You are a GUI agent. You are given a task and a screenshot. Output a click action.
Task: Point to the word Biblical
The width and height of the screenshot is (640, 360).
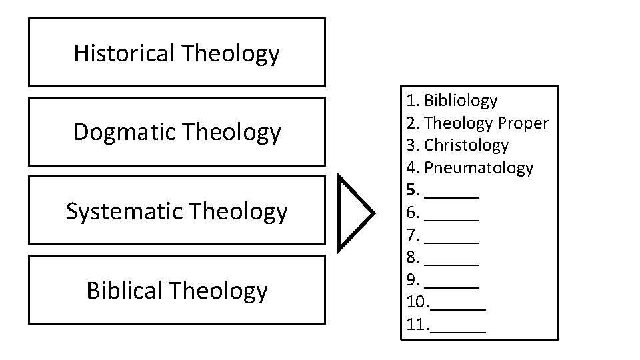[x=125, y=290]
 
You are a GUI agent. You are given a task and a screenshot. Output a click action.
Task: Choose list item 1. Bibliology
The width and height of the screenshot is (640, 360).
[x=452, y=101]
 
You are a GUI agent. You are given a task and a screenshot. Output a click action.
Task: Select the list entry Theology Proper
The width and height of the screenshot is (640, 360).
[x=486, y=123]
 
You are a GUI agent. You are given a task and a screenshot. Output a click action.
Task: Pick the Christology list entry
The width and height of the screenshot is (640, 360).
[x=466, y=145]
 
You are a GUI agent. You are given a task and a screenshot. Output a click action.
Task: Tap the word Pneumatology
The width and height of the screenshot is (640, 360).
[x=479, y=167]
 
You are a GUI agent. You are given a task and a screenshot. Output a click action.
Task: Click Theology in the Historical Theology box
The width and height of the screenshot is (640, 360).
[x=230, y=53]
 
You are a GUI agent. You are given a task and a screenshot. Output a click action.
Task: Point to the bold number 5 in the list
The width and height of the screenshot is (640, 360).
[x=411, y=190]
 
